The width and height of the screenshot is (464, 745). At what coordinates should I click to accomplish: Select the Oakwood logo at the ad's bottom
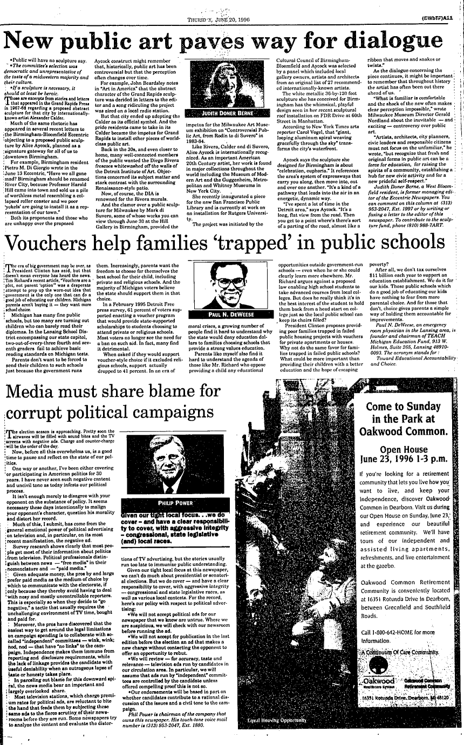[x=378, y=681]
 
